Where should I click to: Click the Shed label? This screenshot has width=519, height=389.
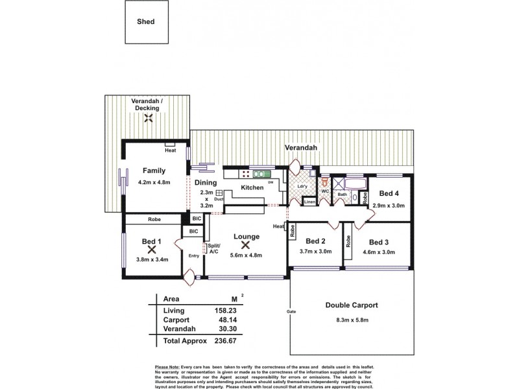tap(146, 21)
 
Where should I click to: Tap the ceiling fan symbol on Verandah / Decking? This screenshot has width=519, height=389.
tap(149, 117)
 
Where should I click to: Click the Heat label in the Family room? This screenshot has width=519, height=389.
tap(170, 150)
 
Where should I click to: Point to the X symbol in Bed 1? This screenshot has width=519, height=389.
tap(152, 250)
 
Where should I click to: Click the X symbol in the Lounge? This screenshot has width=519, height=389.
tap(246, 246)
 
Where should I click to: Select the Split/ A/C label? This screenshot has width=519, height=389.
tap(213, 250)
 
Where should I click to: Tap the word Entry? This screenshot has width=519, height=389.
tap(194, 255)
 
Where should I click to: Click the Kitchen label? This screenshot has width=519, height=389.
tap(252, 187)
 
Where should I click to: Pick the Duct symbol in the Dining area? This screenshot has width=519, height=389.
tap(219, 193)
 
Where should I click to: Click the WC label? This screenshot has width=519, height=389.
tap(325, 191)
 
